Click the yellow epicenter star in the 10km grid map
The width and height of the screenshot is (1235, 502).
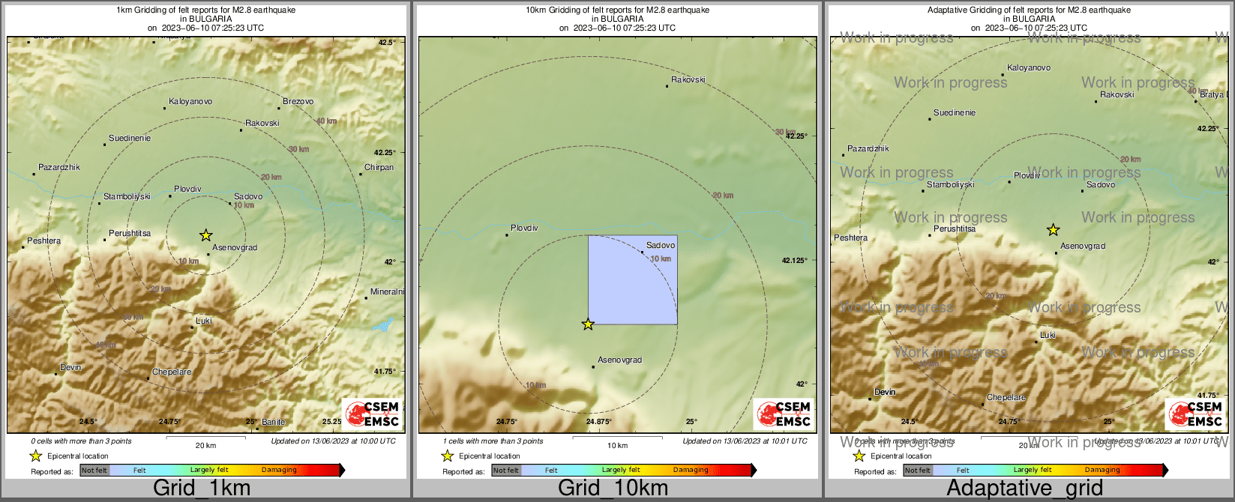pyautogui.click(x=588, y=324)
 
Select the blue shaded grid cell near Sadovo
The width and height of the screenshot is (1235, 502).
pyautogui.click(x=632, y=279)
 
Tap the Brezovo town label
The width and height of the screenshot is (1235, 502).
pyautogui.click(x=298, y=101)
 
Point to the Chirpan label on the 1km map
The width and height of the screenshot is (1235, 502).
pyautogui.click(x=379, y=167)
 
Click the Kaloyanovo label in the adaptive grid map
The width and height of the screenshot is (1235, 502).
pyautogui.click(x=1028, y=67)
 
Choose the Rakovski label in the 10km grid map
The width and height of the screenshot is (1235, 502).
pyautogui.click(x=688, y=79)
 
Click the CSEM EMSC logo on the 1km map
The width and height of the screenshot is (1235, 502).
pyautogui.click(x=373, y=414)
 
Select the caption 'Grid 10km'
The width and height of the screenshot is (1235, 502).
pyautogui.click(x=613, y=489)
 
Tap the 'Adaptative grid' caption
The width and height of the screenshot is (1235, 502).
pyautogui.click(x=1024, y=489)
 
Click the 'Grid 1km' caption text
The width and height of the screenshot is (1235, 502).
pyautogui.click(x=202, y=489)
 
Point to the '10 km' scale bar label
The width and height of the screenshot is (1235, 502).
pyautogui.click(x=617, y=446)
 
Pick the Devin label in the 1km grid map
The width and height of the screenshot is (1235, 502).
pyautogui.click(x=70, y=367)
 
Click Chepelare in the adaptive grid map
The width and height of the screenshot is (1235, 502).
pyautogui.click(x=1006, y=397)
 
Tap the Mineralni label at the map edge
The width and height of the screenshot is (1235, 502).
pyautogui.click(x=387, y=291)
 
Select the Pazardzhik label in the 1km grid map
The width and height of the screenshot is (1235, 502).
pyautogui.click(x=59, y=167)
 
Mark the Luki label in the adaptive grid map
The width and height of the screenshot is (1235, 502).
pyautogui.click(x=1048, y=335)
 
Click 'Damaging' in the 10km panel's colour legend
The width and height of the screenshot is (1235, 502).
pyautogui.click(x=690, y=471)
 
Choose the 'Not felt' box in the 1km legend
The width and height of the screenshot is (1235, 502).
pyautogui.click(x=94, y=471)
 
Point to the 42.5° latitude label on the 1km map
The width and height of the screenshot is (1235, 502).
pyautogui.click(x=387, y=43)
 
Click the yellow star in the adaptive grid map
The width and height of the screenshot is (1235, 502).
pyautogui.click(x=1054, y=229)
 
